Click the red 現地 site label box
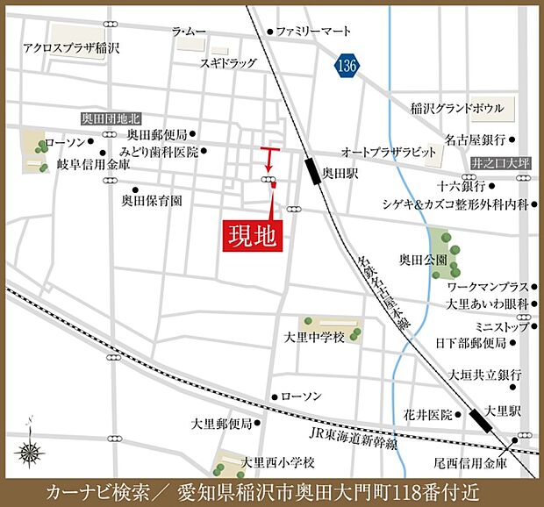pyautogui.click(x=253, y=234)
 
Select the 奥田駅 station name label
pyautogui.click(x=340, y=174)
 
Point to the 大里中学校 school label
pyautogui.click(x=315, y=337)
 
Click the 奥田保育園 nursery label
pyautogui.click(x=151, y=200)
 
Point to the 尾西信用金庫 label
pyautogui.click(x=472, y=462)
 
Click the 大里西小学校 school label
pyautogui.click(x=278, y=462)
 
